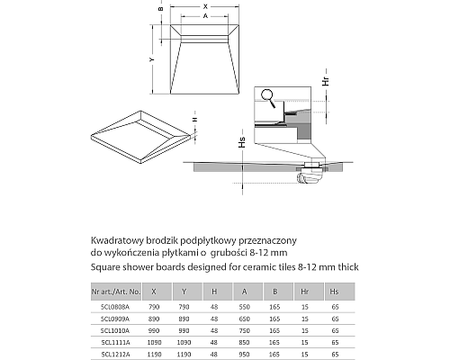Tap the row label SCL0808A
pos(115,307)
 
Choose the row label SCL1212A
pos(115,354)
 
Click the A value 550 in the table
pos(245,307)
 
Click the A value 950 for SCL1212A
pos(245,354)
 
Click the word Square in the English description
pos(106,266)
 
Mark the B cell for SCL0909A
pos(274,319)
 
